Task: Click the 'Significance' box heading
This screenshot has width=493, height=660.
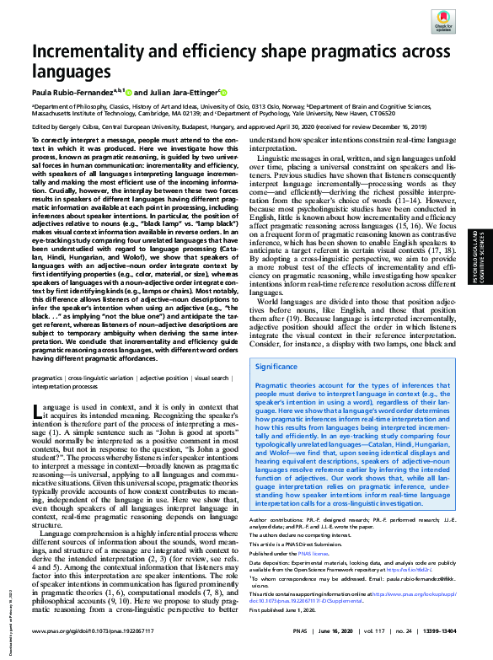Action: [x=277, y=367]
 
